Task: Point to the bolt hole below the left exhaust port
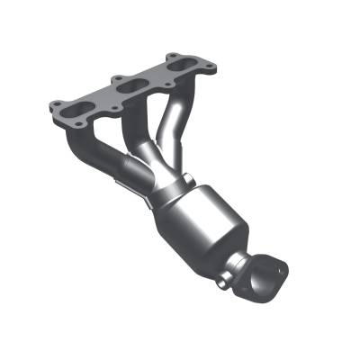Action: tap(78, 121)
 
